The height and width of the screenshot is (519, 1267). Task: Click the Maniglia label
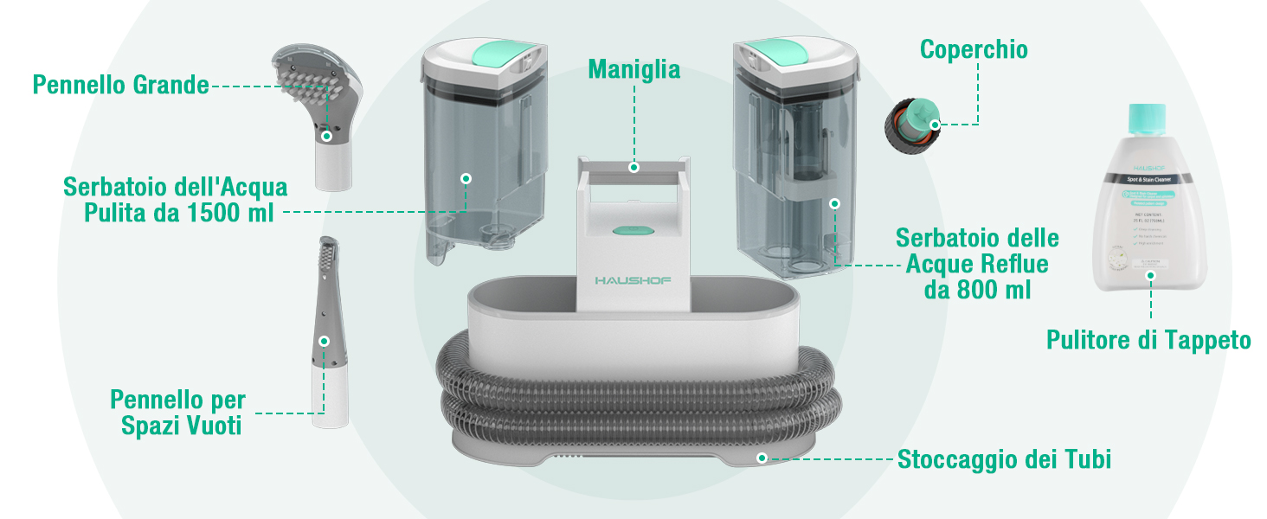[633, 69]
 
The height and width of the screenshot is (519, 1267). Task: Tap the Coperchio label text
[974, 49]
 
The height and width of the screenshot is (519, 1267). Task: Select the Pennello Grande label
[120, 85]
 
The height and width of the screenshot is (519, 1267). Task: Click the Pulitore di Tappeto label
[1148, 340]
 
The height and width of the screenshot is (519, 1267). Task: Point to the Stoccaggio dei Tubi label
[1004, 459]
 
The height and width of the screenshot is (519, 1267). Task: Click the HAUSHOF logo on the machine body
[633, 281]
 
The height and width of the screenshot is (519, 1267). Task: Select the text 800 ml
[977, 290]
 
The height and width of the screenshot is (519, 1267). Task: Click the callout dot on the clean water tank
[466, 178]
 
